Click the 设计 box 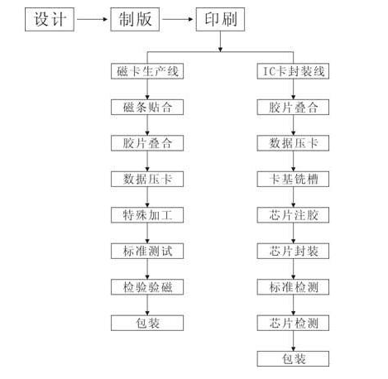(x=50, y=19)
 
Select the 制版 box (x=135, y=19)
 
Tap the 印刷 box (x=220, y=19)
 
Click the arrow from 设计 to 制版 (x=92, y=19)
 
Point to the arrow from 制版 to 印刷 (x=178, y=19)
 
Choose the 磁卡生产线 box (x=147, y=71)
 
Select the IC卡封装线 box (x=293, y=71)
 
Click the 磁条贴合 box (x=147, y=108)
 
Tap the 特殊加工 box (x=147, y=215)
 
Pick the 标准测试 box (x=147, y=251)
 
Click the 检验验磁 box (x=147, y=287)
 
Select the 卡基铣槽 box (x=293, y=180)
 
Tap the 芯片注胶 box (x=293, y=215)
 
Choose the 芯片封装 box (x=293, y=251)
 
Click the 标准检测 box (x=293, y=287)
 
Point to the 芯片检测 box (x=293, y=323)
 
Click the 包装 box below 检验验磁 (x=147, y=323)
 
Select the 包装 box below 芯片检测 (x=293, y=359)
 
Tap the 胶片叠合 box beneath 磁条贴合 (x=147, y=143)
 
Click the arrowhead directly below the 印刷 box (x=220, y=50)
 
